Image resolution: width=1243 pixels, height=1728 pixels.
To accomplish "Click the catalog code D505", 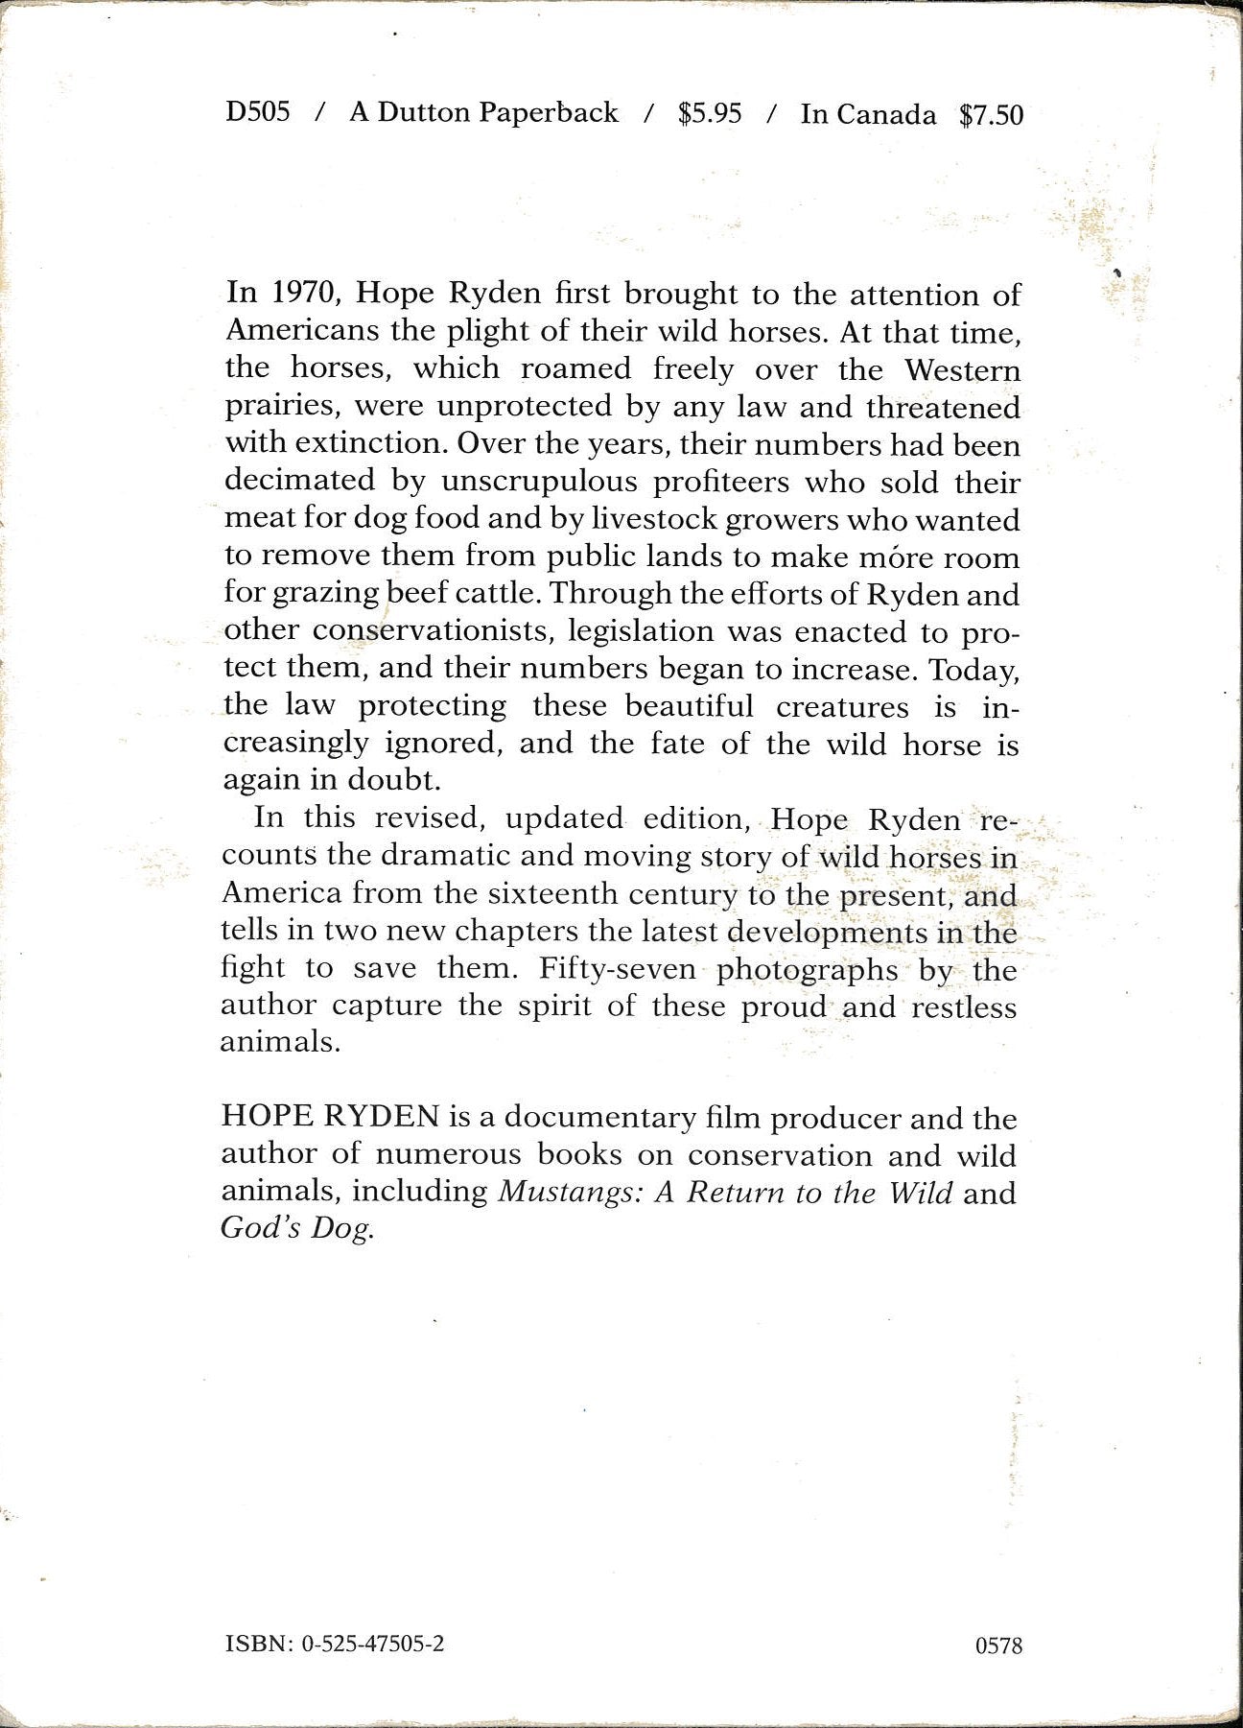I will click(257, 112).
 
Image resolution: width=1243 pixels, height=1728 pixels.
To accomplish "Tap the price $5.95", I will click(710, 113).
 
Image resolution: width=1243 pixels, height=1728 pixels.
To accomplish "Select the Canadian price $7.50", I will click(991, 115).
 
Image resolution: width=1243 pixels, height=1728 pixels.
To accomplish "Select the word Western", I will click(962, 369).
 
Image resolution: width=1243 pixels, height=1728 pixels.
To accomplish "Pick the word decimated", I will click(299, 480).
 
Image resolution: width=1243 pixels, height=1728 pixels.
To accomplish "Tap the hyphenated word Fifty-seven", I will click(617, 968).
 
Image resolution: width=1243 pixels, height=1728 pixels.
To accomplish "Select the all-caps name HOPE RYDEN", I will click(330, 1117).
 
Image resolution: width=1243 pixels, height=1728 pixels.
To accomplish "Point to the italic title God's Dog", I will click(295, 1229).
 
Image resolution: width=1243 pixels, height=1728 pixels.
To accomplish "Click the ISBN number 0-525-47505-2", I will click(373, 1644).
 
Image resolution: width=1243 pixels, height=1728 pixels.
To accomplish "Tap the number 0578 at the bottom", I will click(997, 1645).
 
